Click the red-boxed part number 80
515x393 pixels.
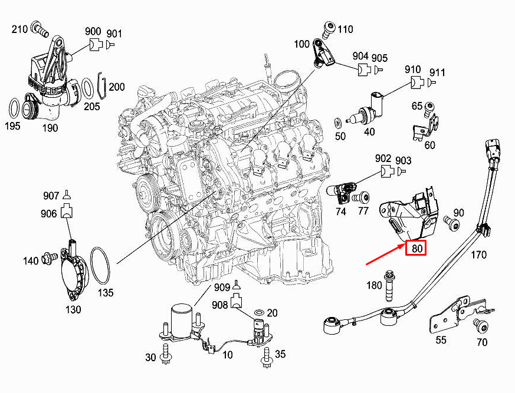tap(417, 249)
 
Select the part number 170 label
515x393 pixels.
tap(478, 255)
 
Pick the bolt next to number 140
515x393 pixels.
tap(48, 259)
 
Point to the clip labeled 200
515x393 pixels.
tap(101, 87)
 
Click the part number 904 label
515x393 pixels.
tap(360, 57)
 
